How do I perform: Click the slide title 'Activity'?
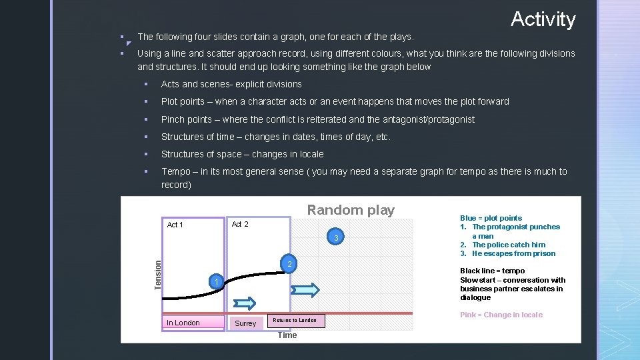click(x=543, y=19)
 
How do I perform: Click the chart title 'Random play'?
click(x=351, y=210)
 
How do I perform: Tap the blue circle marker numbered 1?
click(x=216, y=283)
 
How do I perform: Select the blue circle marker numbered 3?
click(x=337, y=239)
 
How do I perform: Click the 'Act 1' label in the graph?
click(x=175, y=225)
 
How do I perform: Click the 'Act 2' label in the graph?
click(x=240, y=225)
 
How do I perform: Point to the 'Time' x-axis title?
click(x=287, y=335)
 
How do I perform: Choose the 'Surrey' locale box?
click(x=245, y=323)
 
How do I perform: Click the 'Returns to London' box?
click(x=295, y=321)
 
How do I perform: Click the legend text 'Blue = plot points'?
click(x=491, y=218)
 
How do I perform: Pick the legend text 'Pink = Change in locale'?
click(x=501, y=315)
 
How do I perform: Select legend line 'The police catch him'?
click(x=509, y=245)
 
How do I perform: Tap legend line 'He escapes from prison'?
click(x=513, y=253)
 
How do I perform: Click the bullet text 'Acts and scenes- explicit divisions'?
click(x=231, y=84)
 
